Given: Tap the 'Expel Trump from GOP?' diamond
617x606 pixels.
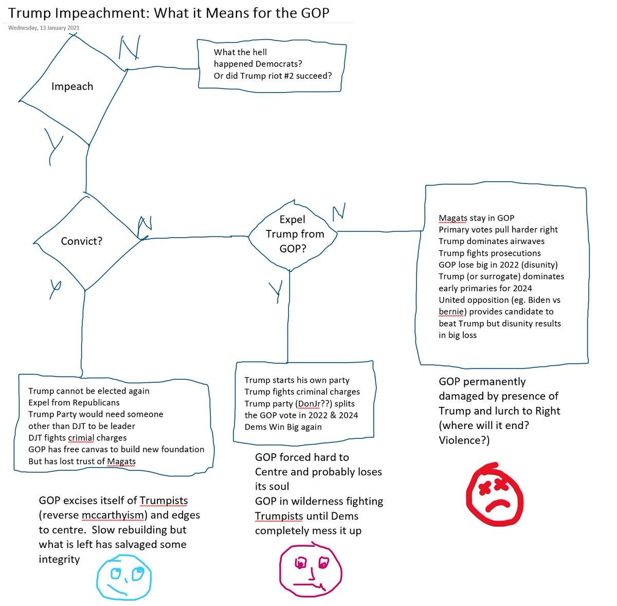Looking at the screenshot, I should pyautogui.click(x=294, y=234).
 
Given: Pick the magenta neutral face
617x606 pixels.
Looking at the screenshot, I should pyautogui.click(x=311, y=568).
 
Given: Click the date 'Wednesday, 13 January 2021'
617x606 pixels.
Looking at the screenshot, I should pyautogui.click(x=44, y=28).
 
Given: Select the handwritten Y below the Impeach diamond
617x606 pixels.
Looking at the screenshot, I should pyautogui.click(x=53, y=147).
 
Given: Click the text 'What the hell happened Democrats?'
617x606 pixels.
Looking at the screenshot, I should pyautogui.click(x=258, y=58).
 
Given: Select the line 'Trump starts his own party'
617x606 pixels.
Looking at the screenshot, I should pyautogui.click(x=297, y=380).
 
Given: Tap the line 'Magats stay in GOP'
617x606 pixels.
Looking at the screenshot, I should pyautogui.click(x=476, y=218).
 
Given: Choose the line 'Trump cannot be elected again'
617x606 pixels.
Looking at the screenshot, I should pyautogui.click(x=89, y=391).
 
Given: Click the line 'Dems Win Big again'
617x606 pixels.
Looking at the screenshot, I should pyautogui.click(x=283, y=427).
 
